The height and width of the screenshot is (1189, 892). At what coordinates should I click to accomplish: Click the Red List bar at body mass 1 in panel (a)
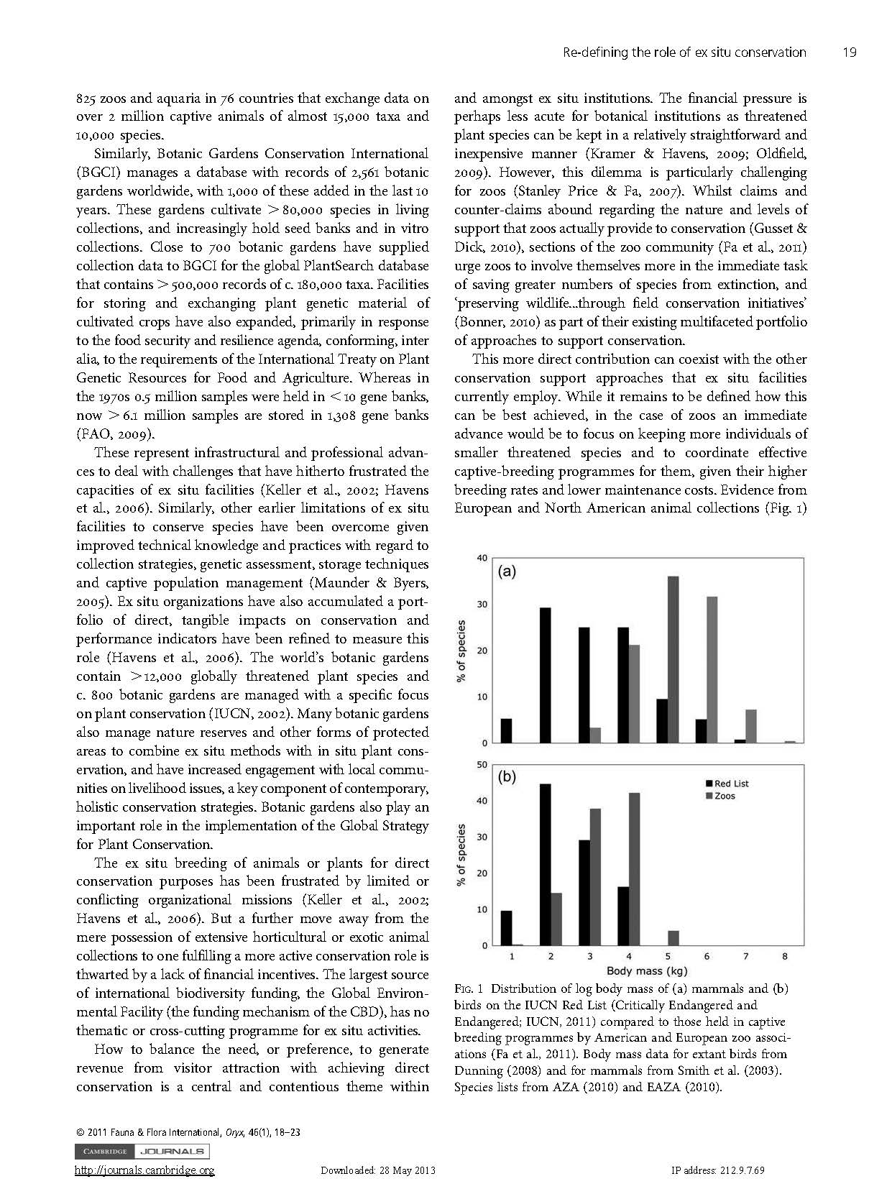pyautogui.click(x=506, y=730)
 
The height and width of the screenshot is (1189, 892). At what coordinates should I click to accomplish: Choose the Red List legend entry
pyautogui.click(x=728, y=784)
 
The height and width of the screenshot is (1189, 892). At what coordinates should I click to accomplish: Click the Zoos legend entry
pyautogui.click(x=721, y=796)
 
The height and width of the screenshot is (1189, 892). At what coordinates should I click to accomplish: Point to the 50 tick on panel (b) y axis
pyautogui.click(x=482, y=764)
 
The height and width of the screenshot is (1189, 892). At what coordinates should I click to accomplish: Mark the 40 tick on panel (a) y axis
pyautogui.click(x=482, y=558)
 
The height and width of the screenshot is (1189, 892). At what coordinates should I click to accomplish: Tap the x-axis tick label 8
pyautogui.click(x=785, y=956)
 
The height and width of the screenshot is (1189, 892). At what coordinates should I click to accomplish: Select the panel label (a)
pyautogui.click(x=507, y=572)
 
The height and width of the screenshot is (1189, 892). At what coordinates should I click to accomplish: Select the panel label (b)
pyautogui.click(x=507, y=777)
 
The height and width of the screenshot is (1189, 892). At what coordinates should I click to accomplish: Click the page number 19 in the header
pyautogui.click(x=849, y=52)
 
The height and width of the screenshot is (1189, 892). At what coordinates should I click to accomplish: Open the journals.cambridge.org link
pyautogui.click(x=144, y=1170)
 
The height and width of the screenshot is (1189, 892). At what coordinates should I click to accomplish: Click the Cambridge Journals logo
pyautogui.click(x=142, y=1151)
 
